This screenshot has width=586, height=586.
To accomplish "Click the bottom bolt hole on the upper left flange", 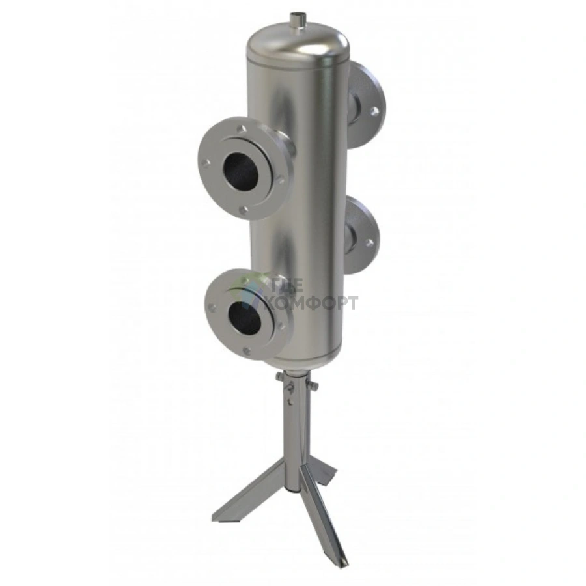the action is coord(244,210).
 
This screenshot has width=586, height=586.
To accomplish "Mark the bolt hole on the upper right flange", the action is coord(374,111).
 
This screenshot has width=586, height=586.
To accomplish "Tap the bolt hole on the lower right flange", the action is coord(370,244).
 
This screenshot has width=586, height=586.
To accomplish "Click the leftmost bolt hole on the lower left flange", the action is coord(212,307).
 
